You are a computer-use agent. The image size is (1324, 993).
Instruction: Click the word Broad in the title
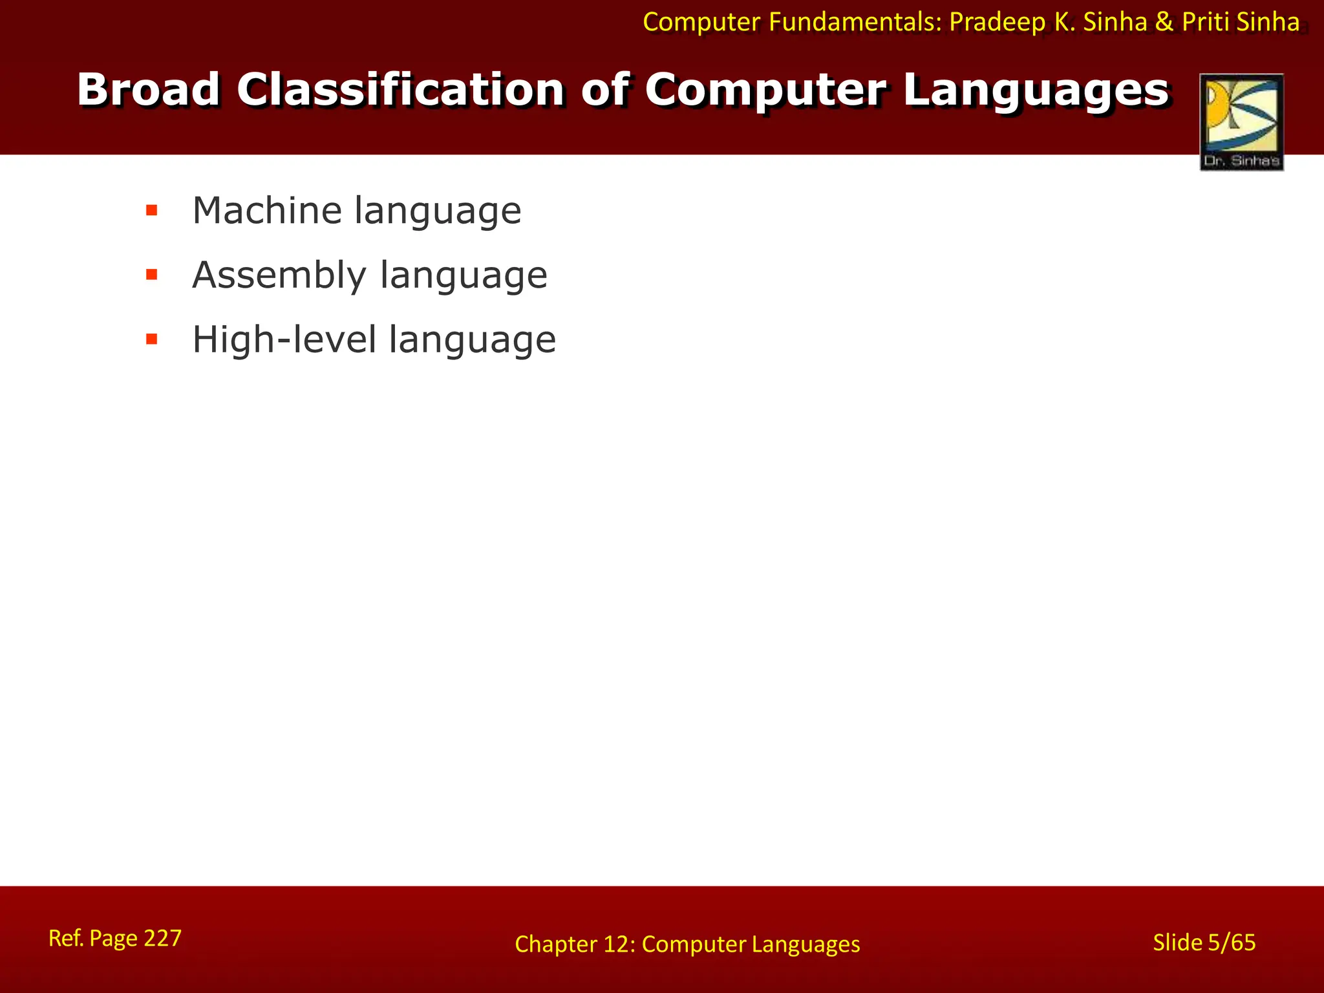[148, 90]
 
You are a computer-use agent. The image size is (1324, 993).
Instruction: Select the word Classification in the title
[400, 90]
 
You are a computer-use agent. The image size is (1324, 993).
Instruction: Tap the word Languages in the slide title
[1036, 90]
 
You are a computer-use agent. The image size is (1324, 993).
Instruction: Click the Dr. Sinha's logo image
[1241, 122]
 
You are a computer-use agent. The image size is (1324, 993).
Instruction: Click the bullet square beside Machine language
[152, 210]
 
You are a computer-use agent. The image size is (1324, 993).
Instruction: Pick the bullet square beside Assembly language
[152, 275]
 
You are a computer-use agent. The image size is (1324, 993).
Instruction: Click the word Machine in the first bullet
[267, 211]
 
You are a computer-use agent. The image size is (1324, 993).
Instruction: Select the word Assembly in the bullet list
[279, 275]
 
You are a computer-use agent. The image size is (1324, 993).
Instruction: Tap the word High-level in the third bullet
[284, 339]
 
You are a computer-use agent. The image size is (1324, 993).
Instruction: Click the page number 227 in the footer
[162, 938]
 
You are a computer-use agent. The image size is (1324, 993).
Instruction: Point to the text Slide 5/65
[1204, 943]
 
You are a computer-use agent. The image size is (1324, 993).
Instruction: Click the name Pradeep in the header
[997, 23]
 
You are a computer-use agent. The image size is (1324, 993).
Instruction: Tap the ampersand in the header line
[1164, 23]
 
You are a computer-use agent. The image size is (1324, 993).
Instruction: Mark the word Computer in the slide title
[765, 90]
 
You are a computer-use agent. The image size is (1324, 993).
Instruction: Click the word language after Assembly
[464, 275]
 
